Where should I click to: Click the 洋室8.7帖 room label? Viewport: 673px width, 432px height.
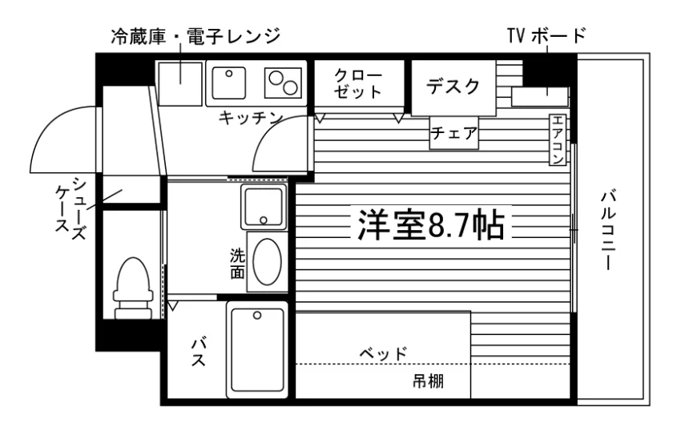[x=431, y=224]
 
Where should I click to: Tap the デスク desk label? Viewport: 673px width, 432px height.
[x=453, y=87]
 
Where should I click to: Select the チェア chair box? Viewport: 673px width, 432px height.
[x=454, y=133]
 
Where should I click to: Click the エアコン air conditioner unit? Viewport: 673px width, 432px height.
[x=558, y=139]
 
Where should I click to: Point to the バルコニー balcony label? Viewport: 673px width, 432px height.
[x=609, y=231]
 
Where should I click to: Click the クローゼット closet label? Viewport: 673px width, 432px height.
[x=358, y=83]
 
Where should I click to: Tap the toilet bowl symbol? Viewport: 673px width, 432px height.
[x=133, y=289]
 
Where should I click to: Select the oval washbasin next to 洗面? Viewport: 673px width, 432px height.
[x=267, y=261]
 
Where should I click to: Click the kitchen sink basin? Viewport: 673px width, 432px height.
[x=229, y=83]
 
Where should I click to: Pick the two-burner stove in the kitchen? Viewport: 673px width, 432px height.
[x=283, y=83]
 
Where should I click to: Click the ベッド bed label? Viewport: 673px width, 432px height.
[x=383, y=353]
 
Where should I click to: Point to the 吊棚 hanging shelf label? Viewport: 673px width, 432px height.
[x=428, y=381]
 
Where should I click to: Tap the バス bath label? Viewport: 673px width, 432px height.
[x=199, y=352]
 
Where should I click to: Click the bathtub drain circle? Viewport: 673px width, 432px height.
[x=257, y=316]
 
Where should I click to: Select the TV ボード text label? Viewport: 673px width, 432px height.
[x=546, y=35]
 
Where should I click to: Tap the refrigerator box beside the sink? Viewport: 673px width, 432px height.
[x=180, y=84]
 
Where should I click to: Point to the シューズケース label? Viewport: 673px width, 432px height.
[x=71, y=208]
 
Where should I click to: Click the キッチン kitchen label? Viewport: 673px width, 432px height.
[x=251, y=118]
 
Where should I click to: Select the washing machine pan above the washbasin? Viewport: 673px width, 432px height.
[x=264, y=207]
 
